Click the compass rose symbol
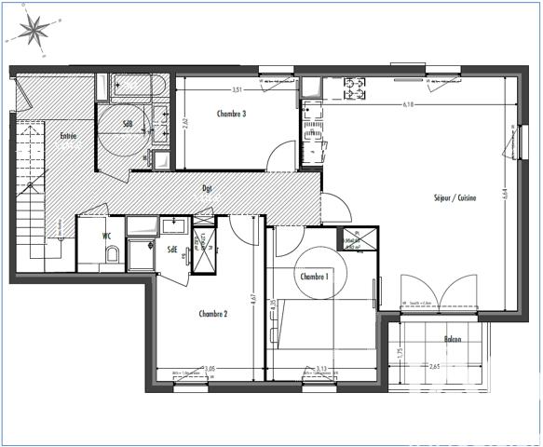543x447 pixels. [x=35, y=31]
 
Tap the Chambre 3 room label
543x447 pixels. [x=231, y=115]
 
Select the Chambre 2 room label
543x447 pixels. [x=213, y=314]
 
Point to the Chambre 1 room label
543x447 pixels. [x=315, y=277]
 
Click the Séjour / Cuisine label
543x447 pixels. [x=455, y=197]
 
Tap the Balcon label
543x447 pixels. [x=454, y=339]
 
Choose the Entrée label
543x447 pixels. [x=69, y=137]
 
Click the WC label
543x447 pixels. [x=108, y=237]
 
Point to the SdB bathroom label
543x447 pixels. [x=128, y=123]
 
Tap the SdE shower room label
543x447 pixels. [x=172, y=249]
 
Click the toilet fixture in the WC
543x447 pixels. [x=111, y=255]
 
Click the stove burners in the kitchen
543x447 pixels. [x=356, y=89]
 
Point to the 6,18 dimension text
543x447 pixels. [x=408, y=105]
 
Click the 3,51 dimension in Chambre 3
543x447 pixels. [x=238, y=89]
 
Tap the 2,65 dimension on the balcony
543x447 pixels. [x=434, y=368]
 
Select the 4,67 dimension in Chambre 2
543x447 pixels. [x=253, y=299]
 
